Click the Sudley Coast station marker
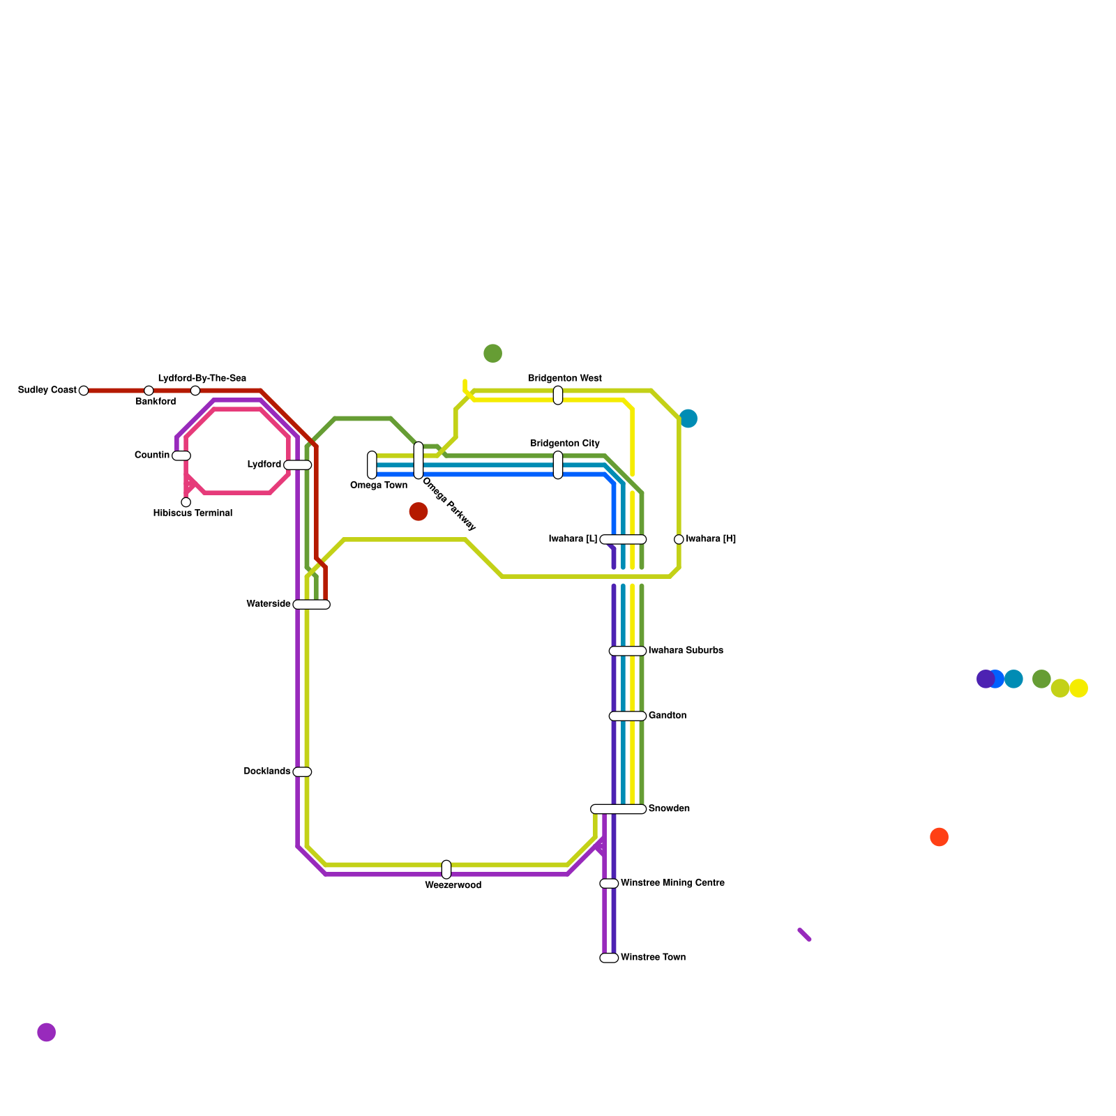(84, 391)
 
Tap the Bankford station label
(156, 402)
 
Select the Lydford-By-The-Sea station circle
(195, 391)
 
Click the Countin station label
(151, 455)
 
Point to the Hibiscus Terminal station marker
(186, 502)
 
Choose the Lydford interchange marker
(298, 465)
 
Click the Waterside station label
(268, 604)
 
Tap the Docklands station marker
(302, 771)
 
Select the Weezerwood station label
(453, 886)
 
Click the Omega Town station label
(378, 485)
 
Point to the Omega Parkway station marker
(418, 460)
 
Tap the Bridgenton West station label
(564, 379)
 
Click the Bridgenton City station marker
(558, 465)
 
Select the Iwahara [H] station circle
(679, 539)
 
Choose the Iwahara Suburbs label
(686, 651)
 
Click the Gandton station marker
(628, 716)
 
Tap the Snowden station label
(669, 809)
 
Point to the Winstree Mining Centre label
(672, 883)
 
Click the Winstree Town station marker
(609, 958)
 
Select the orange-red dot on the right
(939, 837)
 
